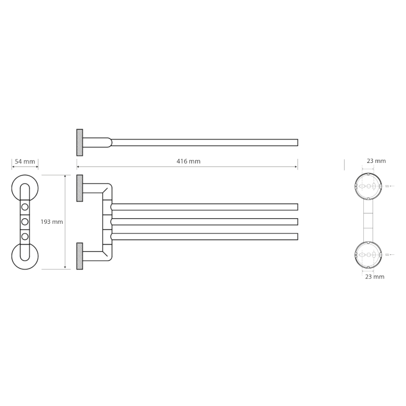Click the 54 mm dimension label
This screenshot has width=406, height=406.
coord(25,161)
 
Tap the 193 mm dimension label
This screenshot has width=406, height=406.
coord(52,222)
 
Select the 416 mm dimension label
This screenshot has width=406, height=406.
coord(188,161)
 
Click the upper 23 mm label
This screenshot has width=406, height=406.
coord(376,161)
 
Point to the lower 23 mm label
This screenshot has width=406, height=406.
coord(375,277)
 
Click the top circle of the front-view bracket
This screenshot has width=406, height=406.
coord(25,188)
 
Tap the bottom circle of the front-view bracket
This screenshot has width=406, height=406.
coord(25,256)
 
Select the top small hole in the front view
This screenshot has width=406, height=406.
coord(25,207)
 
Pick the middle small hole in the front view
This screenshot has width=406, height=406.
coord(25,222)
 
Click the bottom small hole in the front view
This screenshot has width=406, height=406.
coord(25,236)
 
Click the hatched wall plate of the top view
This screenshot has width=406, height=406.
coord(80,143)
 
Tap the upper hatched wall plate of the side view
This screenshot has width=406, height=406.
coord(80,188)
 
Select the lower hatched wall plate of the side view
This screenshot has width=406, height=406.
coord(80,256)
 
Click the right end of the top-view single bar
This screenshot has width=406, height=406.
coord(297,143)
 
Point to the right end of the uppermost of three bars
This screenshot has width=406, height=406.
coord(297,207)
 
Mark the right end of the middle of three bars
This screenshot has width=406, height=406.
coord(297,222)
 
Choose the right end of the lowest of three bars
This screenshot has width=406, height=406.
coord(297,236)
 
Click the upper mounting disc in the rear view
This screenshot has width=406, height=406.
coord(368,186)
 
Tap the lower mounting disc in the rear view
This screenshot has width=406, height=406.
coord(368,255)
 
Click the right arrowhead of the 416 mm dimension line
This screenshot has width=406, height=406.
coord(296,167)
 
